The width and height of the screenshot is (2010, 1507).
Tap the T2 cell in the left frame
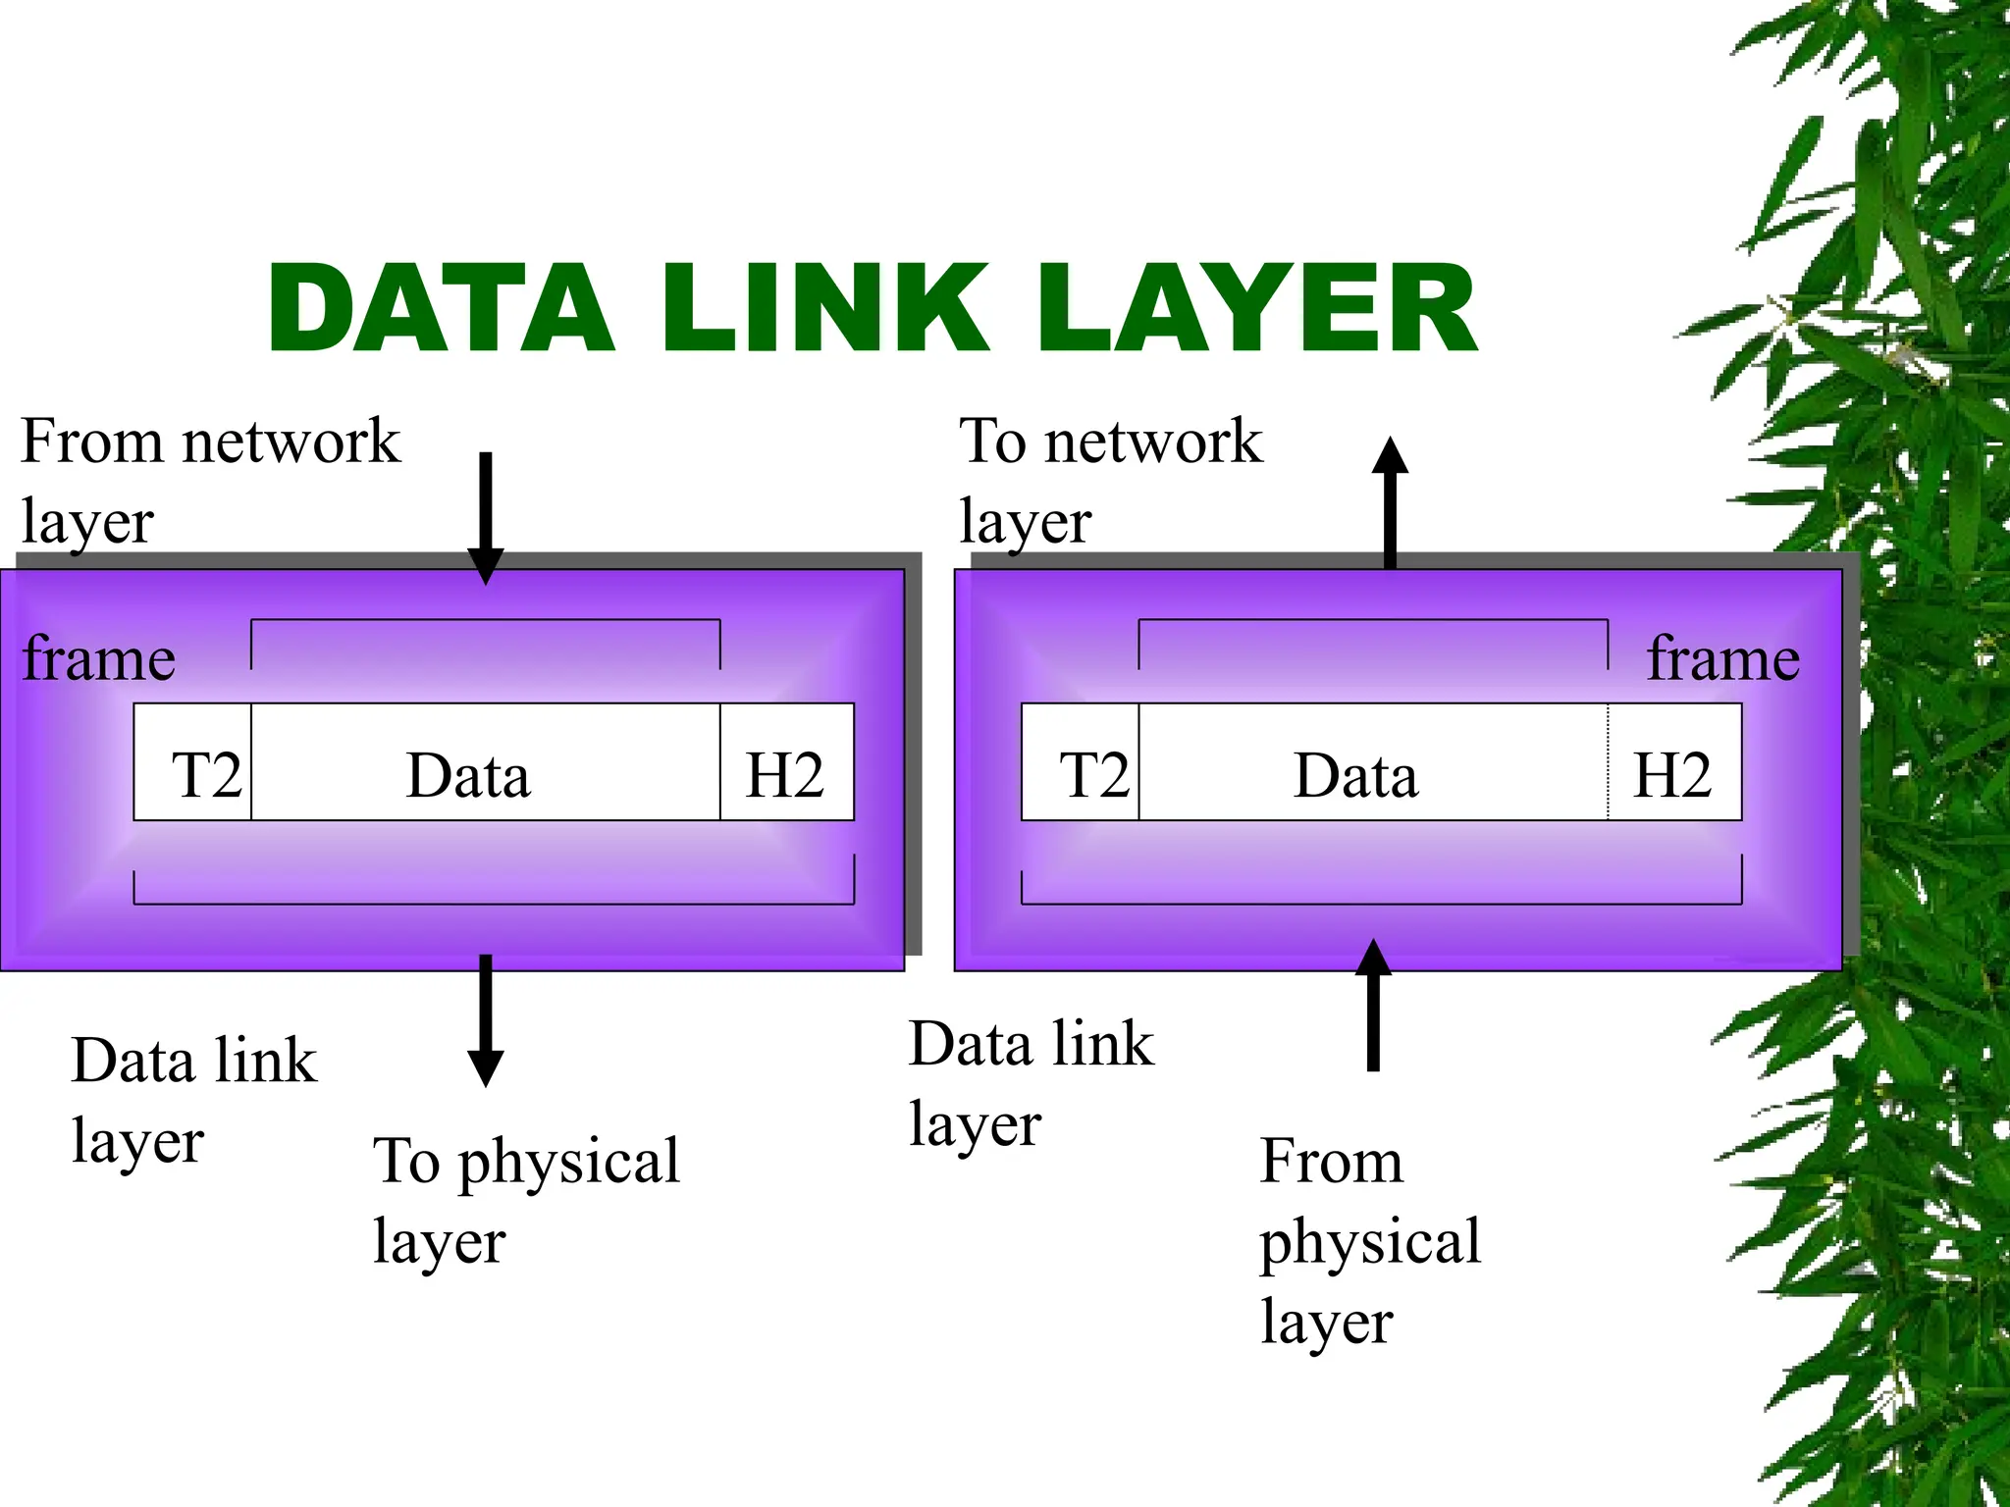(194, 762)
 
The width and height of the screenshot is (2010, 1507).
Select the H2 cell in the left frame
(785, 762)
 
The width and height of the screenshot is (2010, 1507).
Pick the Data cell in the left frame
(485, 762)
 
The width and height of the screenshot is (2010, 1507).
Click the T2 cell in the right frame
(1082, 762)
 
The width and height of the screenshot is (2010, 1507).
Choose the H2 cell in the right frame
(1673, 762)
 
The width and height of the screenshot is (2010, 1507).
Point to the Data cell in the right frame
(1372, 762)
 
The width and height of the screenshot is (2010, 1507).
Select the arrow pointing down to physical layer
(485, 1020)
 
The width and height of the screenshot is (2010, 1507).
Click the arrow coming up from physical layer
(1373, 1006)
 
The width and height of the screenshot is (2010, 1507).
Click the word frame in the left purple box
(99, 658)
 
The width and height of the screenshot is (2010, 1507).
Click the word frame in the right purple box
(1723, 658)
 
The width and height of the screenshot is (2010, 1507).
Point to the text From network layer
(209, 480)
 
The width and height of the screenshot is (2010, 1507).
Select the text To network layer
(1109, 480)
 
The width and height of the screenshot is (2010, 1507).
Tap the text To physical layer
(526, 1200)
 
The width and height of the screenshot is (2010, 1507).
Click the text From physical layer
(1369, 1241)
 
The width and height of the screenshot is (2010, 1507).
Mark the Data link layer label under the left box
(193, 1100)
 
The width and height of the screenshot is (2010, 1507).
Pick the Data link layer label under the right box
(1031, 1082)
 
